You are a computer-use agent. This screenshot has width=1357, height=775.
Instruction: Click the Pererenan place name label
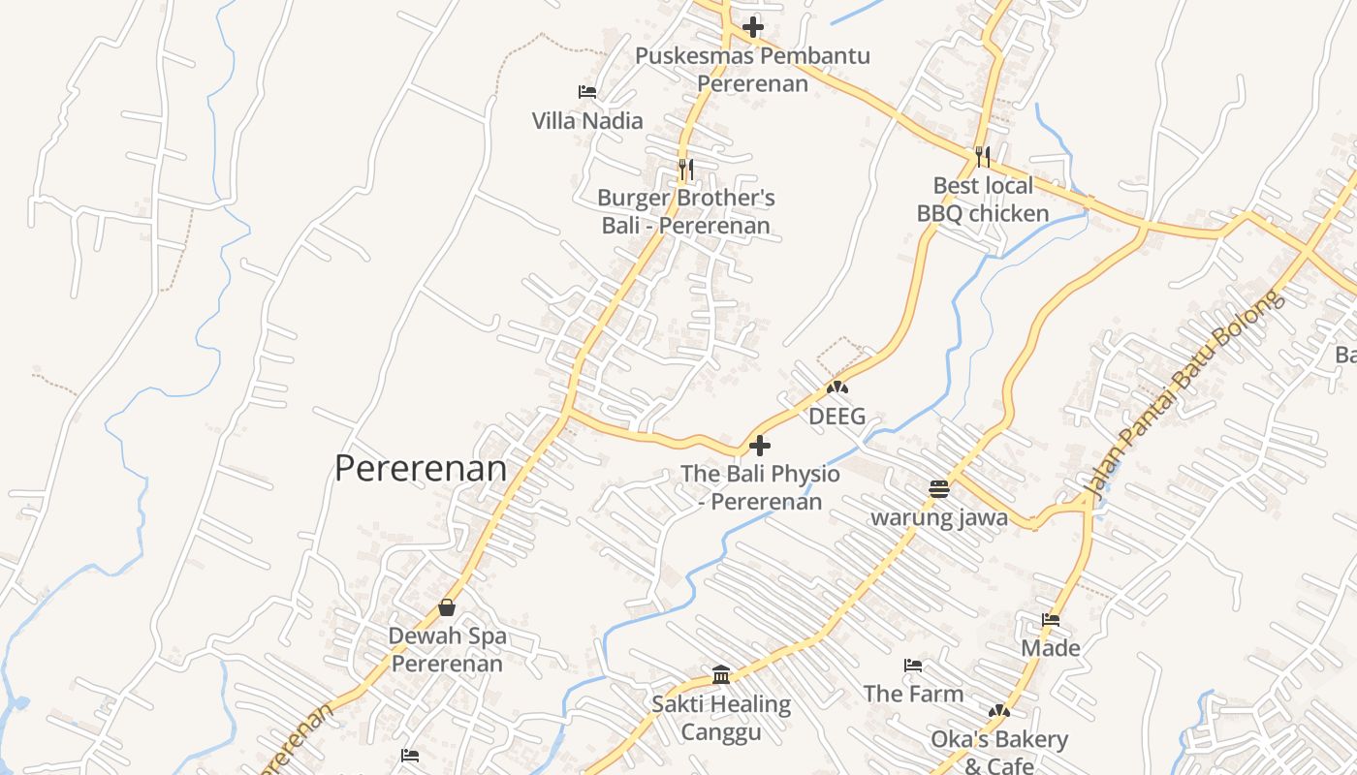point(421,469)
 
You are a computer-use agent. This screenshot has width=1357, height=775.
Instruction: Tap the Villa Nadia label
point(587,121)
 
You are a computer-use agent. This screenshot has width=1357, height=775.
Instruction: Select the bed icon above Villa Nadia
point(586,92)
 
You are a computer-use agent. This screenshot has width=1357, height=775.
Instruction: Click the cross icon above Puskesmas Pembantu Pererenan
point(753,27)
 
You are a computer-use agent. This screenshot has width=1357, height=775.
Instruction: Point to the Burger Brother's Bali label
point(686,212)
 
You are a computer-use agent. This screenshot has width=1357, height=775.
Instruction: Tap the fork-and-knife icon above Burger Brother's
point(685,170)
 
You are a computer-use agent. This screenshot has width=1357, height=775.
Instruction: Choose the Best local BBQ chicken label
point(983,200)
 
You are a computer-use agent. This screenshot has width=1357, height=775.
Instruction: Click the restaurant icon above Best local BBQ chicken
point(983,156)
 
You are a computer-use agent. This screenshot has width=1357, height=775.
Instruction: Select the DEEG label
point(837,418)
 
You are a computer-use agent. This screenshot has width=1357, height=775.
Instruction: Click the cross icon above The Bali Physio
point(761,446)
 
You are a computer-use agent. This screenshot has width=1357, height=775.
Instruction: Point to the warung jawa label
point(939,517)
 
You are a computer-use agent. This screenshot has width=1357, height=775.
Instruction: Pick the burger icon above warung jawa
point(938,488)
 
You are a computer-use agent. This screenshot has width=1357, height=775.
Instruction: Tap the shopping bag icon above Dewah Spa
point(447,607)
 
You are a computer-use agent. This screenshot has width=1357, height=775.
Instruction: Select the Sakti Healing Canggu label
point(721,718)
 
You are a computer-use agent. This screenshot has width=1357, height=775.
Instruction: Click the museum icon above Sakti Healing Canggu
point(721,674)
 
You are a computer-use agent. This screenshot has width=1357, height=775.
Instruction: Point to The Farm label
point(913,694)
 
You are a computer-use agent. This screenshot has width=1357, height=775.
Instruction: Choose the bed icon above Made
point(1051,619)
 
